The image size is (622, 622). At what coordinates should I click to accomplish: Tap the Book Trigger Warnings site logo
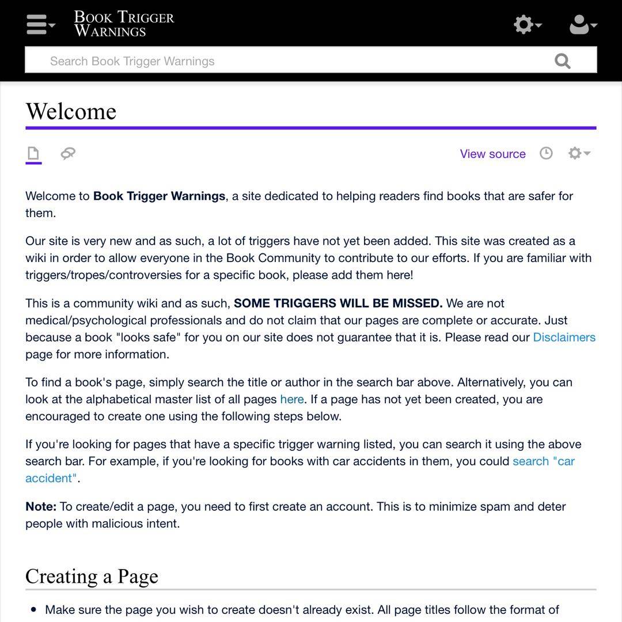point(124,24)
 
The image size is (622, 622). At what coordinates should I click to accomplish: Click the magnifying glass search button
point(562,60)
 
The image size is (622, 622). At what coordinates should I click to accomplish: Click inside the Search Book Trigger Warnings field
point(288,61)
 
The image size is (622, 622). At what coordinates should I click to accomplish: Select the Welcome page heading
point(71,111)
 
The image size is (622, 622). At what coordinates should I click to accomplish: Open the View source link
point(492,154)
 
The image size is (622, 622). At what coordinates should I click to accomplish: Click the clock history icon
point(546,153)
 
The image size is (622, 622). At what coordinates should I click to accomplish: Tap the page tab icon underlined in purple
point(33,153)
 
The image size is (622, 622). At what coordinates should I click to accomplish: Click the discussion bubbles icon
point(68,153)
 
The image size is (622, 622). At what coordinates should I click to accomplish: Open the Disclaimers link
point(564,337)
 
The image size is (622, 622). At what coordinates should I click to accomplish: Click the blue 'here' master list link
point(291,399)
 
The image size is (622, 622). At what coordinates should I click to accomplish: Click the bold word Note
point(40,507)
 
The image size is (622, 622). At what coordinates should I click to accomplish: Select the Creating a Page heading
point(92,577)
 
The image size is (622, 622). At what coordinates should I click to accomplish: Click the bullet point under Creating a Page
point(33,609)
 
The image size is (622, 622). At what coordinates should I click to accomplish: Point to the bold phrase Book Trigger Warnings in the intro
point(159,196)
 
